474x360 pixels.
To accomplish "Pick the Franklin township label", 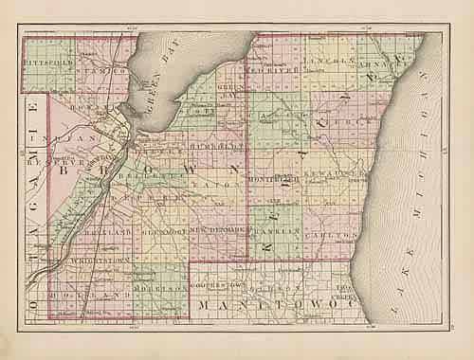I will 281,230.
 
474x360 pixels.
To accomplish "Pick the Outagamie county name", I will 34,189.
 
